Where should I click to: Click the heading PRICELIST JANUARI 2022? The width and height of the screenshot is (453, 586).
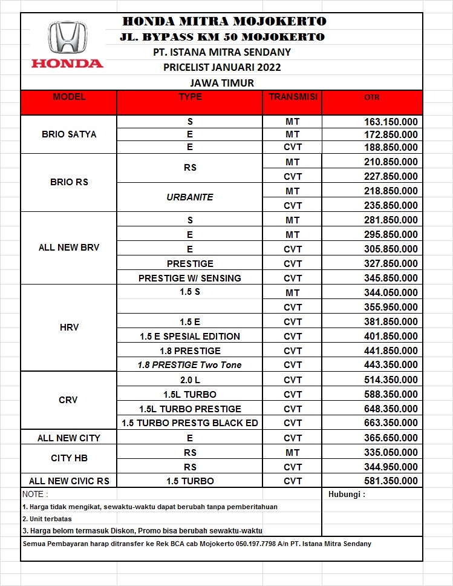(222, 67)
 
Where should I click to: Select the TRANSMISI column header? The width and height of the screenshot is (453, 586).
(293, 97)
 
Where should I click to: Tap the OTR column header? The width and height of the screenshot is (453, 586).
(372, 97)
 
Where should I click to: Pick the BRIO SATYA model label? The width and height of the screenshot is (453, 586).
(69, 134)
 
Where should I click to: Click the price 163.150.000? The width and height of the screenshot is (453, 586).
(391, 122)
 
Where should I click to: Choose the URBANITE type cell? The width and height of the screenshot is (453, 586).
(190, 197)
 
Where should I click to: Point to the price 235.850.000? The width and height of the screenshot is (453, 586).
(391, 205)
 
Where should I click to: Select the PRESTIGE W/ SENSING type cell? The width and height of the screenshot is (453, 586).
(190, 278)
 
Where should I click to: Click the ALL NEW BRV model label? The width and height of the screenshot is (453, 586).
(69, 248)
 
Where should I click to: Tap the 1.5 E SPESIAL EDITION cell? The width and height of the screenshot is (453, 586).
(190, 336)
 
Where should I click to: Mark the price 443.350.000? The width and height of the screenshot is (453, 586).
(391, 365)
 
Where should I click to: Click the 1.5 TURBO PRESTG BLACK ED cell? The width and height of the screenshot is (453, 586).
(190, 423)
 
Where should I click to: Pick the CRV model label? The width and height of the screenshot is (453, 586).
(69, 400)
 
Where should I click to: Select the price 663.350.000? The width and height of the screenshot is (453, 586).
(391, 423)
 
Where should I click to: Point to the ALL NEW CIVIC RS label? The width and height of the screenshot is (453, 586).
(69, 481)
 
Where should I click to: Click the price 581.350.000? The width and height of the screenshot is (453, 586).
(391, 481)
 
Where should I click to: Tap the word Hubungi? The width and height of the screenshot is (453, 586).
(347, 494)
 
